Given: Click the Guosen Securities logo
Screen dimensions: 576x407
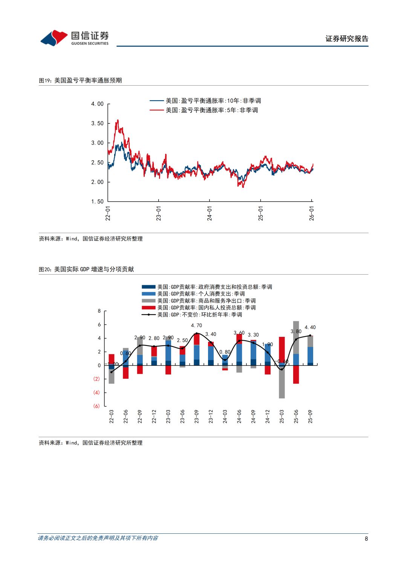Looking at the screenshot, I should coord(74,38).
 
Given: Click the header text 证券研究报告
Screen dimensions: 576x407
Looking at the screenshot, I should coord(347,38).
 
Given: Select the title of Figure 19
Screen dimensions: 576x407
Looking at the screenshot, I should coord(80,80).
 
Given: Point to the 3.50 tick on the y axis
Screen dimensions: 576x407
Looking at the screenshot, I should coord(97,123).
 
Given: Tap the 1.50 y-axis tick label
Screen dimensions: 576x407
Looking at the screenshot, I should coord(97,201).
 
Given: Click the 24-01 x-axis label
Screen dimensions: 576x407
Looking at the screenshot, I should coord(210,214).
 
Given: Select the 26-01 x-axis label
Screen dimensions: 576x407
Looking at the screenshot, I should coord(312,214).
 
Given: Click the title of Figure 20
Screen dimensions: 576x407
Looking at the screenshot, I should coord(86,269).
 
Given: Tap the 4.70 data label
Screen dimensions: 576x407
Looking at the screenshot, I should coord(196,325).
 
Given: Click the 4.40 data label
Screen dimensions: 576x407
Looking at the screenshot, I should coord(310,327).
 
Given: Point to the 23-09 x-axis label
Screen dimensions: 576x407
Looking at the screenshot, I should coord(196,416).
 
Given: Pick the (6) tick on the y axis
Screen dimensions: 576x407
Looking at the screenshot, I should coord(96,406).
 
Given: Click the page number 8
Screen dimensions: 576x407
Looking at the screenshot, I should coord(366,539).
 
